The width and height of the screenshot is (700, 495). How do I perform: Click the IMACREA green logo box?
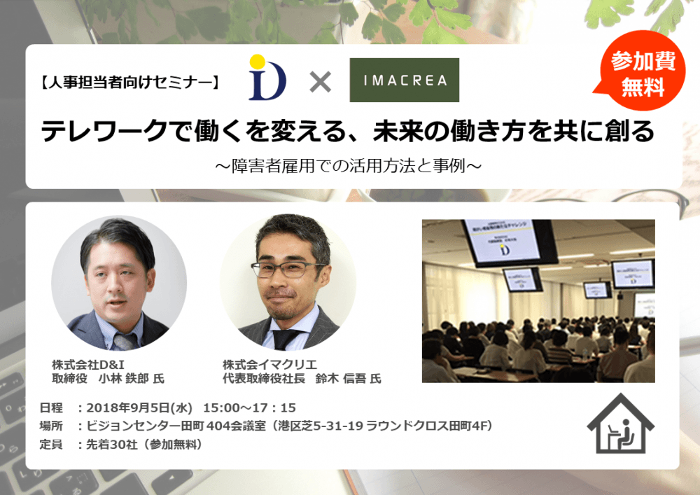click(405, 80)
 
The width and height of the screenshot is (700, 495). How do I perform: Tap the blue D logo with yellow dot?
click(267, 77)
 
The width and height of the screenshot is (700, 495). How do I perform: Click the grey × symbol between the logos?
click(321, 82)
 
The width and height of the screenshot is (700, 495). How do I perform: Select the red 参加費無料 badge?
click(641, 71)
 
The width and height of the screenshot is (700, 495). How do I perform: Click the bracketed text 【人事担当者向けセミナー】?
click(129, 82)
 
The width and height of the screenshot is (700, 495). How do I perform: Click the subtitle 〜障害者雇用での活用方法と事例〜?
click(348, 166)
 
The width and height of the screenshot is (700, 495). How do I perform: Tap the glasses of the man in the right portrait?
click(287, 269)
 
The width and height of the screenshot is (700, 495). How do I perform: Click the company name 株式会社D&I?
click(88, 365)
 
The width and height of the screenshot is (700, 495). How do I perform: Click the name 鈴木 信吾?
click(341, 379)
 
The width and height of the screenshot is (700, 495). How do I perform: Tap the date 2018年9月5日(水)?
click(139, 408)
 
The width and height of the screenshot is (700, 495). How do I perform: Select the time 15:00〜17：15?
click(250, 408)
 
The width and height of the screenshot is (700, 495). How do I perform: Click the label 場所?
click(51, 426)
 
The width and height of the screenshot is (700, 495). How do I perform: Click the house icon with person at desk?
click(620, 424)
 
